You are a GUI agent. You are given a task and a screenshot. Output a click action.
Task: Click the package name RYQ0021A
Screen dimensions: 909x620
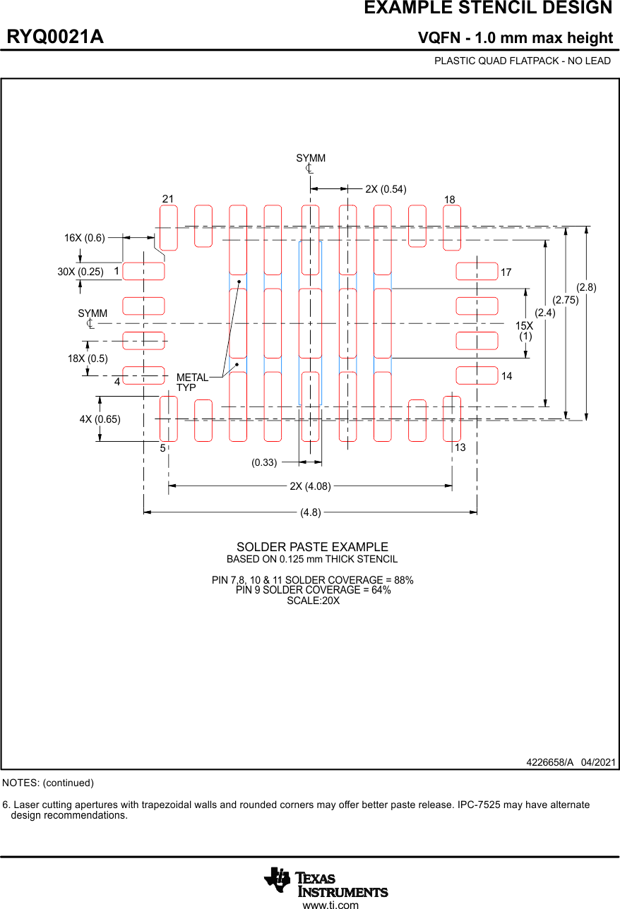(x=55, y=37)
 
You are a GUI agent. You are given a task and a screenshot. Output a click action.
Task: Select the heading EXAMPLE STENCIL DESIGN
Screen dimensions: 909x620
(x=488, y=8)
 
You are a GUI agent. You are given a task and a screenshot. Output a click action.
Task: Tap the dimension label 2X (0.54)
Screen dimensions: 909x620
(x=386, y=189)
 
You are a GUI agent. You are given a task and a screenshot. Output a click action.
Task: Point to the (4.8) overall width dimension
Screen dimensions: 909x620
(x=311, y=513)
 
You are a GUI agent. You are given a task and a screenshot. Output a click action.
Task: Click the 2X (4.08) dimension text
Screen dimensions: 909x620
(x=310, y=486)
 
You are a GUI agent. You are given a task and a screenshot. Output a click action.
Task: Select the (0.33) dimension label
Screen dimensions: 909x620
(x=264, y=462)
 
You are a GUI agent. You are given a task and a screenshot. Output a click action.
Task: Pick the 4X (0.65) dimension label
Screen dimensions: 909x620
(x=100, y=419)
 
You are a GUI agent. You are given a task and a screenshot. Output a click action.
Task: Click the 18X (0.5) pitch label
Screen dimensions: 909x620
(x=88, y=359)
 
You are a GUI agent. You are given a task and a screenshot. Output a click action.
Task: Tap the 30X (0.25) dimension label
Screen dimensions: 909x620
(x=81, y=272)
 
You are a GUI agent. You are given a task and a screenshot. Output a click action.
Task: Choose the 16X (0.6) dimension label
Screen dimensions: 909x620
(x=84, y=238)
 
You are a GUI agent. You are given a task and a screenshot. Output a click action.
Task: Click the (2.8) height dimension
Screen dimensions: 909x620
(x=586, y=287)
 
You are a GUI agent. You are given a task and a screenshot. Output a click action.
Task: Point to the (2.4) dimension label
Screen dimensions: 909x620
(x=544, y=313)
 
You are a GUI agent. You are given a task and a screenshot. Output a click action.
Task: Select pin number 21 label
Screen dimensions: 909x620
(x=168, y=199)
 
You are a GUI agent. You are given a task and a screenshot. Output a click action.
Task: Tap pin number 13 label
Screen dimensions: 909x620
(x=460, y=448)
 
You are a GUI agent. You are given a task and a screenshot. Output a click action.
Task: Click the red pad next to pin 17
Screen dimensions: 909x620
(x=477, y=271)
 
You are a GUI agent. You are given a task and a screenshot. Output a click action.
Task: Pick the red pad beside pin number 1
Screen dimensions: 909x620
(x=143, y=271)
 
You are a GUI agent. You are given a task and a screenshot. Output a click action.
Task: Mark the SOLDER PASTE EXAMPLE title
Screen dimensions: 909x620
(x=312, y=547)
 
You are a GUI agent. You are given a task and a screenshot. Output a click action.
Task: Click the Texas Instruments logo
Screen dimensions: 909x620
(x=326, y=882)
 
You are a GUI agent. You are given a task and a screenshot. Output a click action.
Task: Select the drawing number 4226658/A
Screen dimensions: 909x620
(x=549, y=763)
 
